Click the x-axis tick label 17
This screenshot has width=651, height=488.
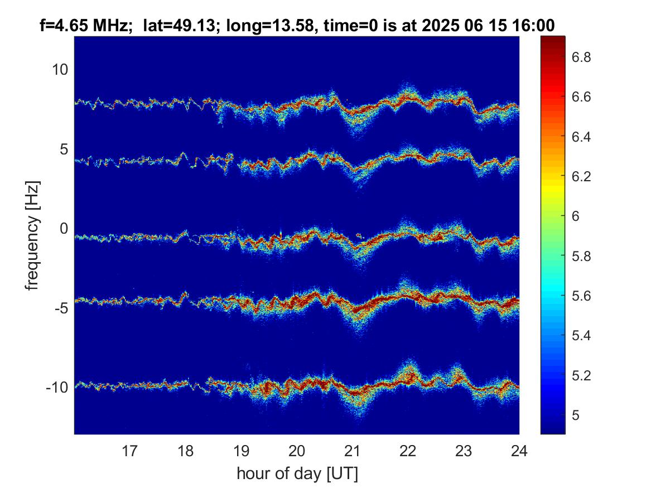129,451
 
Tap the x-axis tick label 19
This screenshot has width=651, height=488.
241,451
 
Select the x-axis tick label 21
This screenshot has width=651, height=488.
352,451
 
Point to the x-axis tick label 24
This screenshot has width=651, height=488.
519,451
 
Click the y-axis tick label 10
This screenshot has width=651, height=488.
60,69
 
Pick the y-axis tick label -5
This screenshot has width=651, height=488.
61,308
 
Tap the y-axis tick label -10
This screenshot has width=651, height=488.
57,388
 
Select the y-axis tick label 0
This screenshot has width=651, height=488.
64,228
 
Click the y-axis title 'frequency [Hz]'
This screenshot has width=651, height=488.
32,236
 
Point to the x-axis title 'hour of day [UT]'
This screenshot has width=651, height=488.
297,473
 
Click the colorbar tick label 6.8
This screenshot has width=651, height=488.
581,57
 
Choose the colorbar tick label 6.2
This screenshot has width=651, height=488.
581,176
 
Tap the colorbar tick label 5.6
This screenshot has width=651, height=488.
581,296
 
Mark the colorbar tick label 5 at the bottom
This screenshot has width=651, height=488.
576,415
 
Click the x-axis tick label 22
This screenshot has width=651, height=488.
408,451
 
